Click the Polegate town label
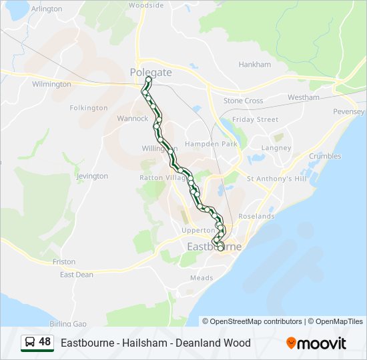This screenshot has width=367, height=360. click(151, 72)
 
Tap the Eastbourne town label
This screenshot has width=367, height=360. click(214, 247)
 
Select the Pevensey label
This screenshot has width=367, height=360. click(349, 111)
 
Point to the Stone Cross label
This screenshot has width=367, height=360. click(243, 101)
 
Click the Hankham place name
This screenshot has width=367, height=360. click(255, 65)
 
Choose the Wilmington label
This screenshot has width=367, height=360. click(51, 85)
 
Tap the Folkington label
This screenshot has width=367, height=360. click(89, 107)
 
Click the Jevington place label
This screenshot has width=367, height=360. click(92, 176)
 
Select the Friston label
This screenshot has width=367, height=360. click(64, 262)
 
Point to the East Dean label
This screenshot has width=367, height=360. click(77, 275)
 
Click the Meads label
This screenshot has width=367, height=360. click(202, 278)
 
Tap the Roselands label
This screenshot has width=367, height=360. click(256, 217)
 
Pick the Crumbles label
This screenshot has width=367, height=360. click(325, 157)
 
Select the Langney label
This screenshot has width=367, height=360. click(277, 148)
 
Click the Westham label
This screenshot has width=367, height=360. click(304, 97)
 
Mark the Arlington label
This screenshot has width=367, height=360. click(47, 9)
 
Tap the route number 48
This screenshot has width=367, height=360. click(45, 342)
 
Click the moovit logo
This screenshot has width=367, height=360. click(316, 343)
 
